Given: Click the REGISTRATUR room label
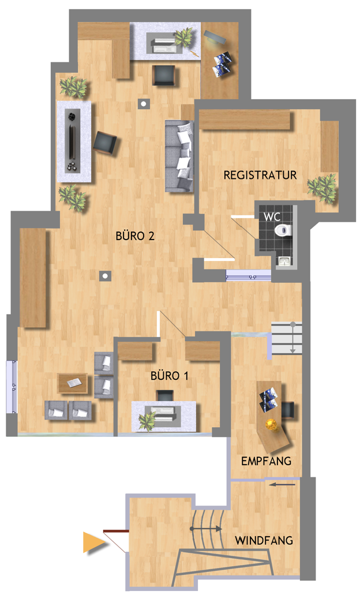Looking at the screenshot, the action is (260, 175).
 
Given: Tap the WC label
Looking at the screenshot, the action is (272, 216).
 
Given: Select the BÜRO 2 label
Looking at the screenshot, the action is (135, 236).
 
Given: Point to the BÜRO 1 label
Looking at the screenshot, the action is (169, 376).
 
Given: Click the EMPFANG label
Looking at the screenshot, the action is (266, 461).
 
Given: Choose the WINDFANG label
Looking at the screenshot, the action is (264, 540).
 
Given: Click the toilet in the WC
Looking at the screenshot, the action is (283, 230).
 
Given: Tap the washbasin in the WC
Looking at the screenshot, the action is (284, 261).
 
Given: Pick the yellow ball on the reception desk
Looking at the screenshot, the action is (272, 424).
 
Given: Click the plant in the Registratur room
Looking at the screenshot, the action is (322, 188).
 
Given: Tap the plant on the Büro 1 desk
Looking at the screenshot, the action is (147, 421).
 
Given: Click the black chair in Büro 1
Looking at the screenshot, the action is (165, 396).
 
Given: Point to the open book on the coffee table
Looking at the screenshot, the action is (73, 383).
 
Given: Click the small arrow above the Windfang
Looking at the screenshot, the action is (282, 485).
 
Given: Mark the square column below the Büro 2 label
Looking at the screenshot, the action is (105, 276).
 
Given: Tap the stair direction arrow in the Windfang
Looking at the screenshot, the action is (206, 529).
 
